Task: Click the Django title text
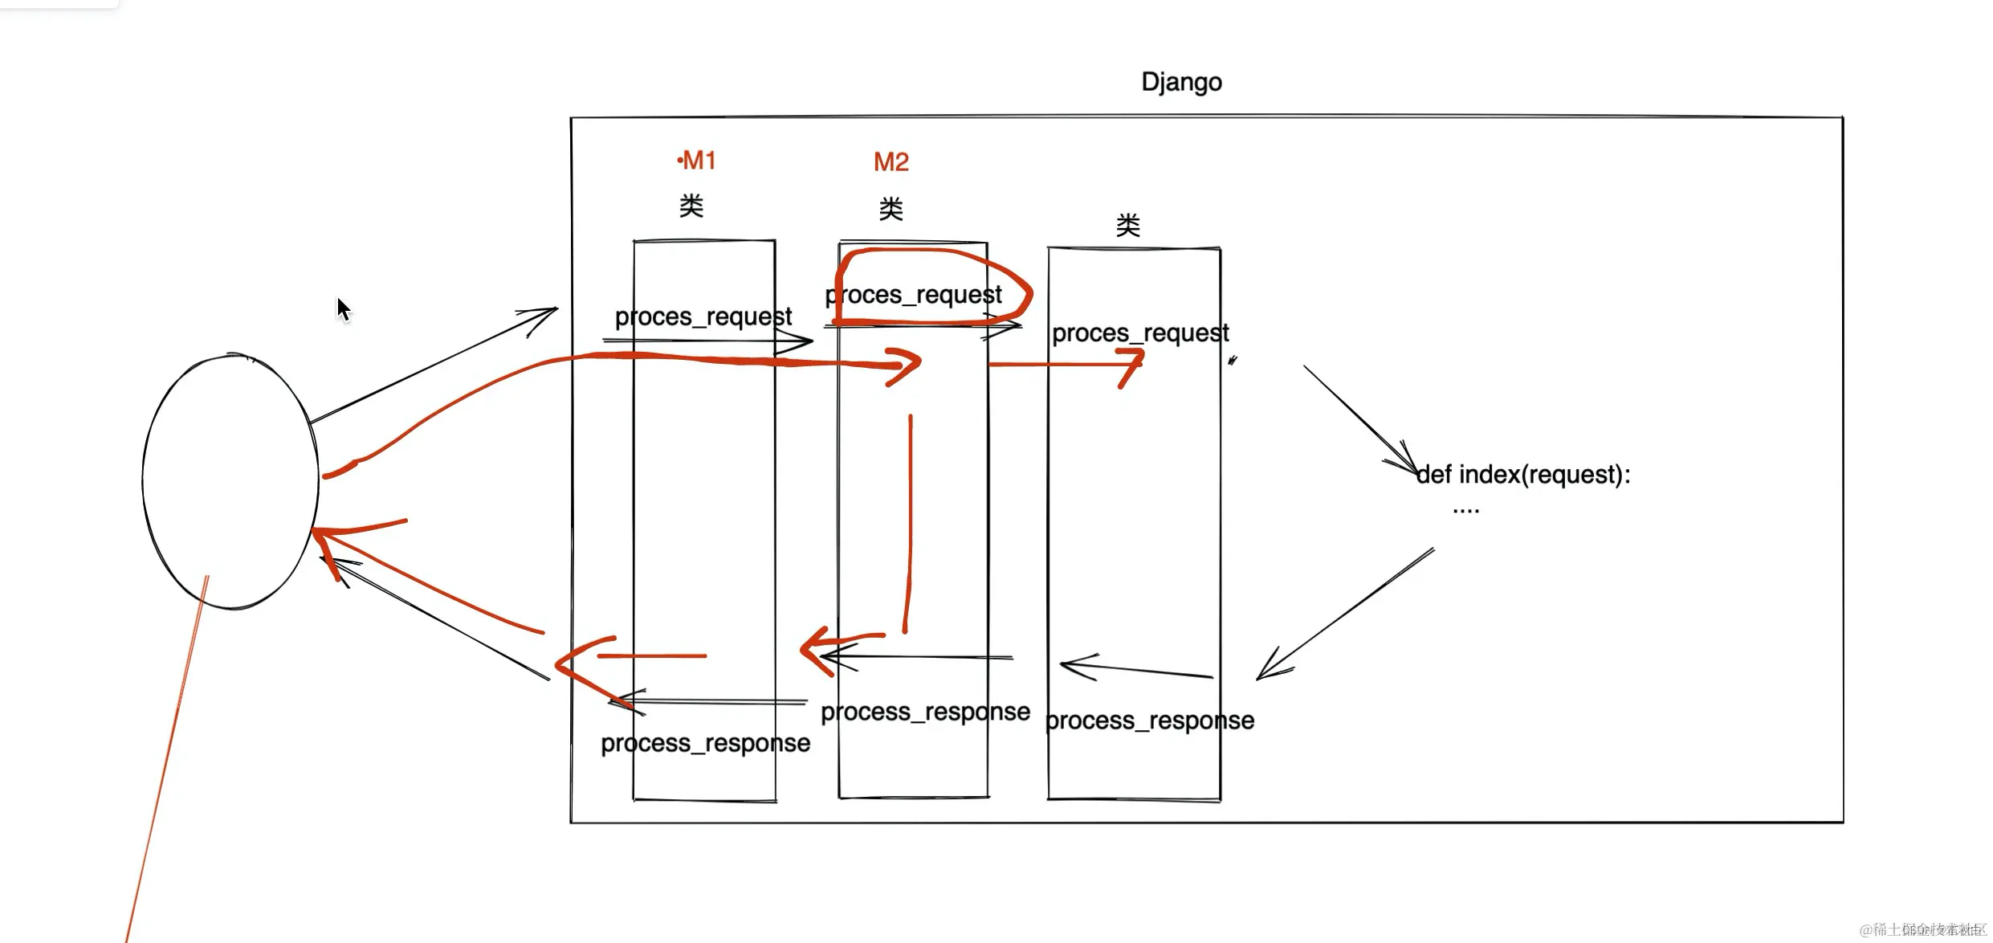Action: [x=1181, y=82]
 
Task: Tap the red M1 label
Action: [x=697, y=161]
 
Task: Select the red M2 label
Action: [x=891, y=162]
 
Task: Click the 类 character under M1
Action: [x=691, y=206]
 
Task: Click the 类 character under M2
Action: [x=891, y=210]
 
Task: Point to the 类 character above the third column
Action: [x=1127, y=226]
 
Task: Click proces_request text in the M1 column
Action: [x=703, y=317]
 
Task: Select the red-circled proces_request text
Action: [x=914, y=296]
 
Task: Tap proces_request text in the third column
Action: [x=1140, y=333]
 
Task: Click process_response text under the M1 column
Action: [x=705, y=744]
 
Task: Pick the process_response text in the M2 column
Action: [x=925, y=712]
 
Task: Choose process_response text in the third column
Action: [x=1150, y=721]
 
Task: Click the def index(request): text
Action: [x=1523, y=476]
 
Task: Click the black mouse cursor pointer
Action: [x=344, y=309]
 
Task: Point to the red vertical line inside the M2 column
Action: [x=910, y=522]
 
